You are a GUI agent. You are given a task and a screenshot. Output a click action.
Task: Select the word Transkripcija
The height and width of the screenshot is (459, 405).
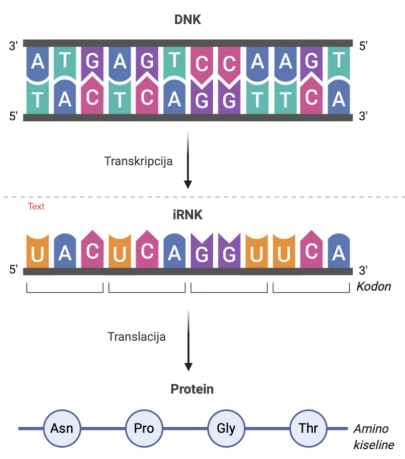[138, 161]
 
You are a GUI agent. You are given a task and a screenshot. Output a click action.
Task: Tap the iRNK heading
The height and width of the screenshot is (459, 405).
[188, 215]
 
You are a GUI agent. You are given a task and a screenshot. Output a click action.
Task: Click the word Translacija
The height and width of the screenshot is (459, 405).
[136, 337]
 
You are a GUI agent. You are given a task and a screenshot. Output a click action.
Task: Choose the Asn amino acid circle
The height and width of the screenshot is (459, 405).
[61, 428]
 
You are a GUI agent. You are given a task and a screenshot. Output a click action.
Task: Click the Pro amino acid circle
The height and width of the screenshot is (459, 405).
[143, 428]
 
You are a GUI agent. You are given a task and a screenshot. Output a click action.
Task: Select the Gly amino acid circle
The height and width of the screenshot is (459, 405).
[225, 428]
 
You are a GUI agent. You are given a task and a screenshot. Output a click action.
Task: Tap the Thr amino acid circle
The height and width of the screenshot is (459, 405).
[307, 428]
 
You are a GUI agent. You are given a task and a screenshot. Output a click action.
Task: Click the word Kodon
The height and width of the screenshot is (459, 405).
[373, 287]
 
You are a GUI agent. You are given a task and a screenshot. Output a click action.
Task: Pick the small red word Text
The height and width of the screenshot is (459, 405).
[36, 207]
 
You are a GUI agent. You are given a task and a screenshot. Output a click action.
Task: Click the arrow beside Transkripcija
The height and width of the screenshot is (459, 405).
[188, 159]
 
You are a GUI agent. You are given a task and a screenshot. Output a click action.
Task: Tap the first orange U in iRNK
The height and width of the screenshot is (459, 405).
[37, 253]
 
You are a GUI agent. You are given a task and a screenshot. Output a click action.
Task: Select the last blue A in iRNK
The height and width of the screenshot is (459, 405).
[338, 253]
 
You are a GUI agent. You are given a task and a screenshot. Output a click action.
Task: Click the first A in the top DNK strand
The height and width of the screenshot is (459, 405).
[37, 62]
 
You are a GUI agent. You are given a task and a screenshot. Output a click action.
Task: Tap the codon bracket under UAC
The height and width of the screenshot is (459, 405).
[65, 289]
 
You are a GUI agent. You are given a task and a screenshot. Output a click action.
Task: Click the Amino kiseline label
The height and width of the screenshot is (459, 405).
[374, 436]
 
